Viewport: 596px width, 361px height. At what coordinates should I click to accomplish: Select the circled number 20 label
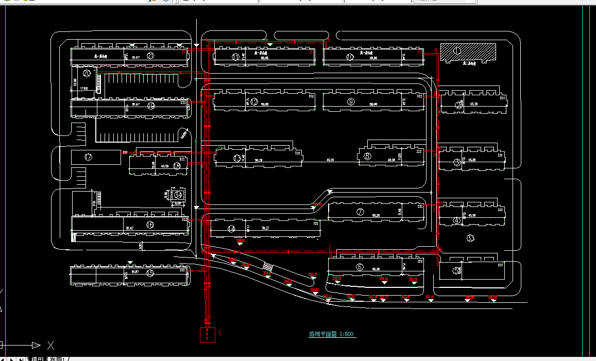click(87, 74)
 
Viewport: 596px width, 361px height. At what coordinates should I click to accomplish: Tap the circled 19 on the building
click(151, 106)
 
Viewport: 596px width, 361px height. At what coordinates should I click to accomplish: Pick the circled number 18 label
click(177, 166)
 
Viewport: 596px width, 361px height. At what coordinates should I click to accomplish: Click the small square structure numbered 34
click(178, 195)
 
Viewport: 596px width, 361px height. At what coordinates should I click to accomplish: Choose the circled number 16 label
click(150, 225)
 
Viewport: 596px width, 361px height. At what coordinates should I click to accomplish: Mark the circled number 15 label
click(150, 272)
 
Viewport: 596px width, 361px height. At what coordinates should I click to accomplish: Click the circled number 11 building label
click(236, 57)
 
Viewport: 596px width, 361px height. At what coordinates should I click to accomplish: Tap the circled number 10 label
click(350, 57)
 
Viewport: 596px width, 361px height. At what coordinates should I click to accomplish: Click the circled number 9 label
click(351, 101)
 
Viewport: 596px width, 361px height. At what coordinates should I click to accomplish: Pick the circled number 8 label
click(367, 157)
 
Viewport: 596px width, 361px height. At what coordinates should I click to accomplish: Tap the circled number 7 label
click(360, 212)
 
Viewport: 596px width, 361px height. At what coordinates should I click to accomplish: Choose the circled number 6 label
click(360, 267)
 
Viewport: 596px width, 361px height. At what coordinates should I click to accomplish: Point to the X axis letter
click(50, 345)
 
